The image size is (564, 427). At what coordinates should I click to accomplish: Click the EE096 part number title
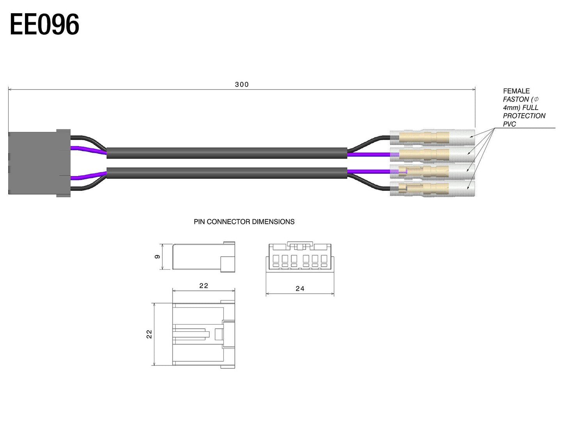(44, 24)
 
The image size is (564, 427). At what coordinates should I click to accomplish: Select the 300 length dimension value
(242, 85)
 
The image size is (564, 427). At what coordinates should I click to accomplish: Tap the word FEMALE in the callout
(516, 91)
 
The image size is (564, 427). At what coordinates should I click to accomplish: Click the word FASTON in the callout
(516, 99)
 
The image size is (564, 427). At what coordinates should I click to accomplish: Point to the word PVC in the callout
(509, 124)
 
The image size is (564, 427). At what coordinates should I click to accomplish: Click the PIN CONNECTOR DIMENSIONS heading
(244, 222)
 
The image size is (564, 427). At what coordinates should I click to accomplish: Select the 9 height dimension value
(157, 256)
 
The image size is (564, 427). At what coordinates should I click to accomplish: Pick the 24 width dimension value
(300, 288)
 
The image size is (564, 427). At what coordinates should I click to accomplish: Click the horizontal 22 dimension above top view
(203, 285)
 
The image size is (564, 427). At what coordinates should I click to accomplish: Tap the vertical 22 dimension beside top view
(149, 334)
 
